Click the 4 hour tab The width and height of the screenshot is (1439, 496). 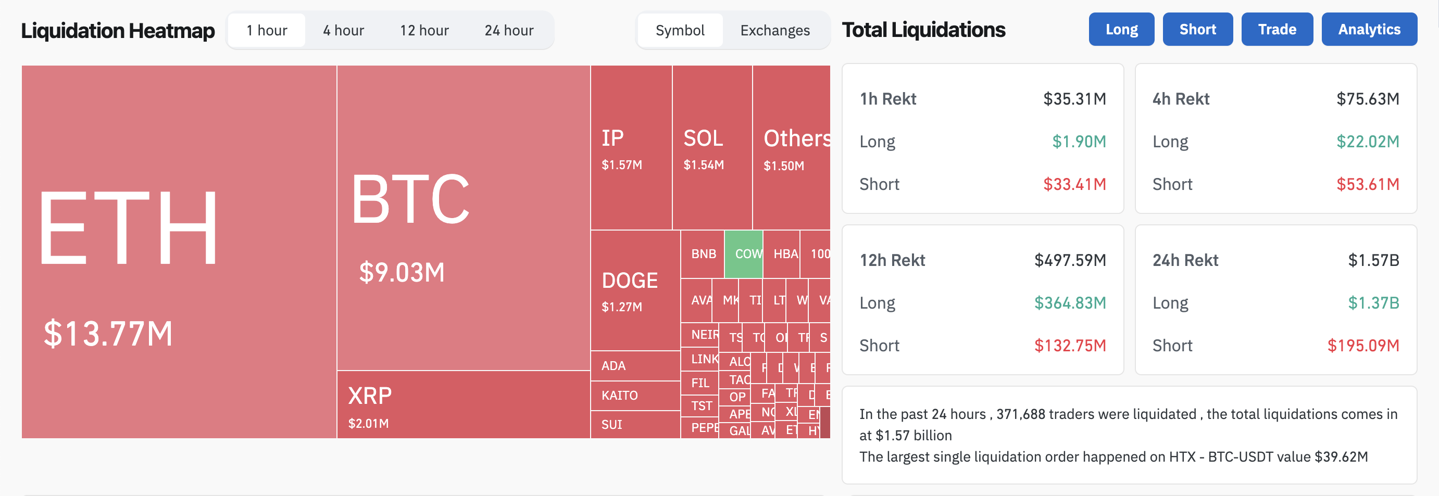(x=343, y=30)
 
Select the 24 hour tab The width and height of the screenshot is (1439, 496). (x=508, y=30)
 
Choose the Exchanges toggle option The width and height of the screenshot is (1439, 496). (x=774, y=30)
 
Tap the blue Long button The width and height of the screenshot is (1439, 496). (x=1121, y=29)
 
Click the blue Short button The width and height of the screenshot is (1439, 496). (x=1197, y=29)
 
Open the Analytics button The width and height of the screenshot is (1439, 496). (x=1369, y=29)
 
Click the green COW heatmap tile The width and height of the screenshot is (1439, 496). (x=744, y=254)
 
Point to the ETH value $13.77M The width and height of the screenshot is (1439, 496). (x=108, y=334)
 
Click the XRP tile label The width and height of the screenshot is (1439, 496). (x=370, y=396)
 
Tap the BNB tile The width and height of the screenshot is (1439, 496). (x=703, y=254)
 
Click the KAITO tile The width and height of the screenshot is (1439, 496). (x=620, y=396)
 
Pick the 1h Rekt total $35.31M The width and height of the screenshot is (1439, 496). (x=1074, y=99)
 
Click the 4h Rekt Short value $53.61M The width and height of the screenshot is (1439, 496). (x=1367, y=184)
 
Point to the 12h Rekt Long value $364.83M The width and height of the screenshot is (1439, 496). (x=1069, y=303)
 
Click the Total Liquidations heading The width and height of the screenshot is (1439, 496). (x=923, y=30)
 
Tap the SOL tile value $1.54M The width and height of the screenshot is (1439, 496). (x=703, y=164)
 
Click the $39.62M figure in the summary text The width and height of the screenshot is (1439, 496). (x=1341, y=457)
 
